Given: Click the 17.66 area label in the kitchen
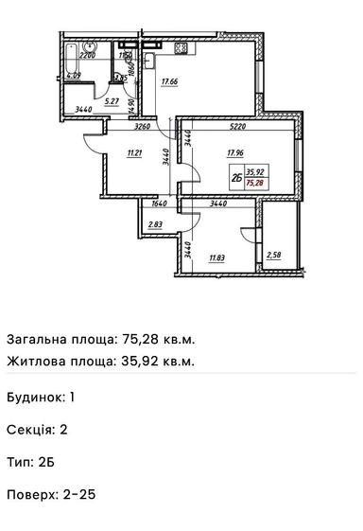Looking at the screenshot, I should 170,82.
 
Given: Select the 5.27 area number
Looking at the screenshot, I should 110,102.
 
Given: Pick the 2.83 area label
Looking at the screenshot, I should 156,224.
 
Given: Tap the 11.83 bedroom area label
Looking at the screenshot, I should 217,257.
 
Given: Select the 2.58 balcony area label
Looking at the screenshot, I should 274,255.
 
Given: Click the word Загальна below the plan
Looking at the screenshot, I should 35,339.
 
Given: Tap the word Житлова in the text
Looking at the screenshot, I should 35,361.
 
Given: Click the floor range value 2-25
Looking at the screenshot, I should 79,494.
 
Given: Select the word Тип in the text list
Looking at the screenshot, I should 18,462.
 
